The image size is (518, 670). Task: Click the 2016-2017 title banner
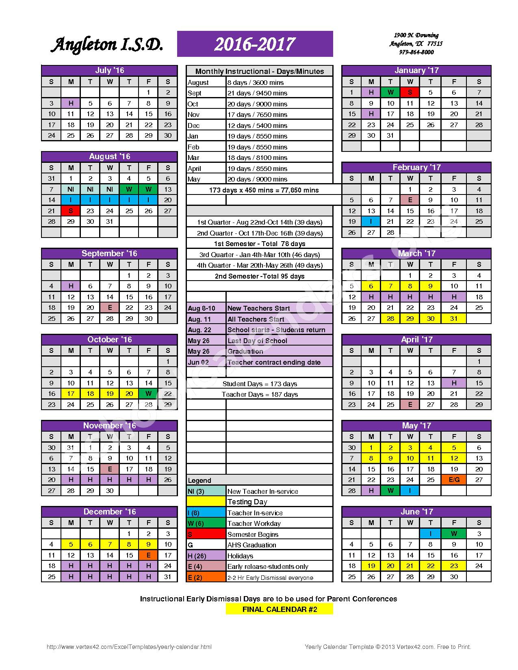(255, 44)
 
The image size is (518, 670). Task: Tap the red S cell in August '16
(71, 211)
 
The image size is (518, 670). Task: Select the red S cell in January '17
(410, 92)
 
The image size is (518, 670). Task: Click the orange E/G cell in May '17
(454, 480)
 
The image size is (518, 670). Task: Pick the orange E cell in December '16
(148, 555)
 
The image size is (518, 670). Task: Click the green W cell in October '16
(148, 393)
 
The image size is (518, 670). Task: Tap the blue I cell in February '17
(371, 221)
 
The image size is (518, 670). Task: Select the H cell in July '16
(71, 103)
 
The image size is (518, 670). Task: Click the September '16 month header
(109, 253)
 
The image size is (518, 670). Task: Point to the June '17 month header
(416, 512)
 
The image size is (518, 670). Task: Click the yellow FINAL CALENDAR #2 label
(280, 609)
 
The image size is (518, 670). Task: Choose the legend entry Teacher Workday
(254, 523)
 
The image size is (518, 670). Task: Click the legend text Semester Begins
(253, 534)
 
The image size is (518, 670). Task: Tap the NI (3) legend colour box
(206, 491)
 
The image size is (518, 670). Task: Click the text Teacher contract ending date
(274, 362)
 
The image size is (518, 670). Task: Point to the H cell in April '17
(454, 383)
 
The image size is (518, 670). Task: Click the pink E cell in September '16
(110, 307)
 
